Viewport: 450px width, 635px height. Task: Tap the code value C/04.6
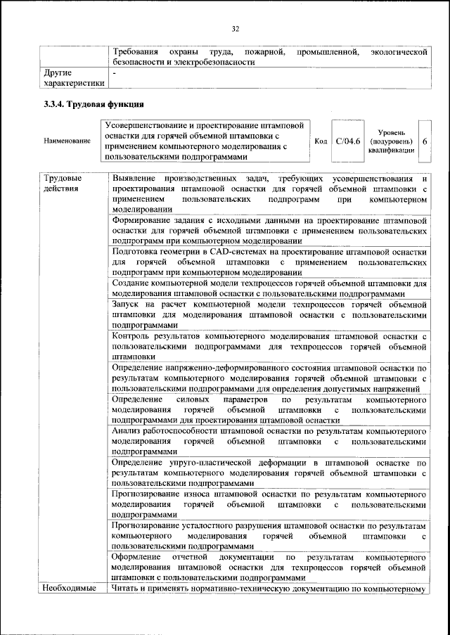(348, 141)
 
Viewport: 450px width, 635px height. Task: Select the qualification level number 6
(425, 141)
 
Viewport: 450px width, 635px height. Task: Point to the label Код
(321, 141)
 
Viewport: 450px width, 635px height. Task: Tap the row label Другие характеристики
(73, 77)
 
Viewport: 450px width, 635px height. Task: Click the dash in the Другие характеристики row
(113, 72)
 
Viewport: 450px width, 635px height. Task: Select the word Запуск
(127, 304)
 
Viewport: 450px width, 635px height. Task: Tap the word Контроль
(132, 336)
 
